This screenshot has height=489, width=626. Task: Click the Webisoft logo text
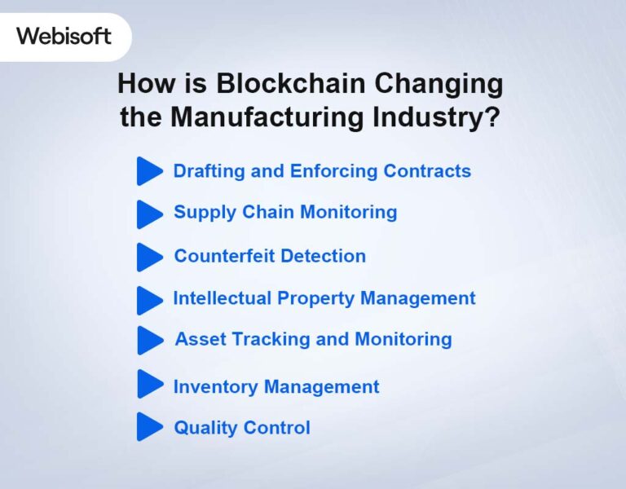64,37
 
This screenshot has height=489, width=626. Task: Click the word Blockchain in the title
260,84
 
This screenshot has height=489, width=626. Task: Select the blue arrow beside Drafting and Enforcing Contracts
149,171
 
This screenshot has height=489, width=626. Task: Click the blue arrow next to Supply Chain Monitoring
149,214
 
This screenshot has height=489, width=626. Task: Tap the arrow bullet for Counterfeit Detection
149,257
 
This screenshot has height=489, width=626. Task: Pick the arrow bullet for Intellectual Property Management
149,300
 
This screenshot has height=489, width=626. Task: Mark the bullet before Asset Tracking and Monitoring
149,340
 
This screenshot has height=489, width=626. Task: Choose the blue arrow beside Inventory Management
149,384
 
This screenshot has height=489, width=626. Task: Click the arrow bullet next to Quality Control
149,426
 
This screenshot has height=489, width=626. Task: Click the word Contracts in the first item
427,171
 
